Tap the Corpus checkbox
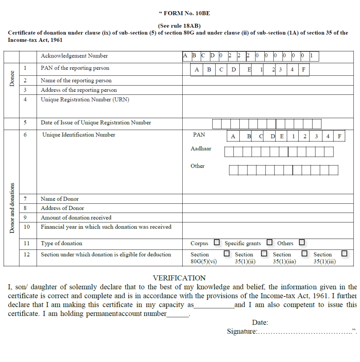coord(217,243)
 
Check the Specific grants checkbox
coord(269,243)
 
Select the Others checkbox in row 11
coord(302,243)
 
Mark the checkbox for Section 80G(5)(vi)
coord(227,253)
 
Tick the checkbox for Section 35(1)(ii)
coord(264,253)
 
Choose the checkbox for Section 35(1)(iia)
coord(304,253)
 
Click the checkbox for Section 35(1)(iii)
coord(344,253)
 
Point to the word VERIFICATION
coord(179,278)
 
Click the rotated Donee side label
coord(12,79)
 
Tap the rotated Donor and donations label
coord(12,208)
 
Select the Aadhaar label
coord(201,149)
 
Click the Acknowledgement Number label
coord(74,56)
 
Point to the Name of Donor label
coord(60,199)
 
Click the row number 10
coord(27,227)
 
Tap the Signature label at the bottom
coord(242,332)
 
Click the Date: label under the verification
coord(260,322)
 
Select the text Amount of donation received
coord(76,218)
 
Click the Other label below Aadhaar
coord(198,166)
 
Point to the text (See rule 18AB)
coord(179,26)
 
